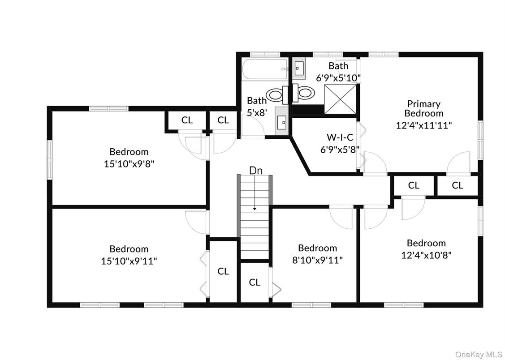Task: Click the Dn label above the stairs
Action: [255, 171]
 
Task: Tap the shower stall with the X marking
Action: [340, 99]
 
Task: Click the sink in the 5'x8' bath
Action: [282, 121]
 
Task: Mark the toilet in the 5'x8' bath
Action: [276, 94]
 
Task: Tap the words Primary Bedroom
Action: [423, 109]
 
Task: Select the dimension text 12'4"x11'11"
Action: [423, 125]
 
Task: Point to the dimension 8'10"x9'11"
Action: [317, 260]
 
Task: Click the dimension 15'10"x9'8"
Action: [129, 164]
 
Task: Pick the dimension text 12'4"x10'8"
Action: [426, 255]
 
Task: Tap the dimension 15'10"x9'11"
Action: [129, 261]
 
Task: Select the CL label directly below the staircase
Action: [255, 283]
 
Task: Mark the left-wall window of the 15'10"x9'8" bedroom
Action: [50, 159]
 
